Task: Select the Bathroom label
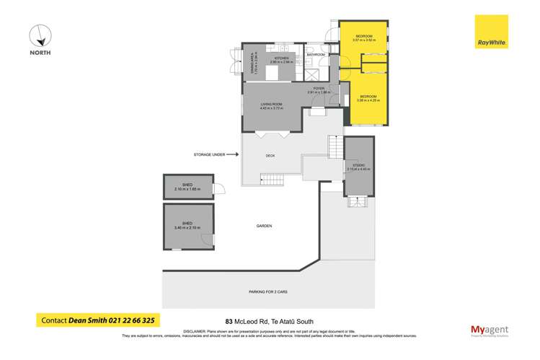click(x=316, y=55)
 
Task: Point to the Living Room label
click(x=272, y=106)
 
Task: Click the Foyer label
click(x=318, y=89)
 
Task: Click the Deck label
click(x=270, y=154)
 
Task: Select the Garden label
click(x=264, y=226)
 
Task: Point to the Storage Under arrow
click(x=234, y=154)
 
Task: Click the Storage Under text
click(x=209, y=154)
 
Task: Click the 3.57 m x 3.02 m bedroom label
click(x=363, y=38)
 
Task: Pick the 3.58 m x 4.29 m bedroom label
click(x=368, y=98)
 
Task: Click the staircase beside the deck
click(x=334, y=147)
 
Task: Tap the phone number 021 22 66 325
click(x=122, y=320)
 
